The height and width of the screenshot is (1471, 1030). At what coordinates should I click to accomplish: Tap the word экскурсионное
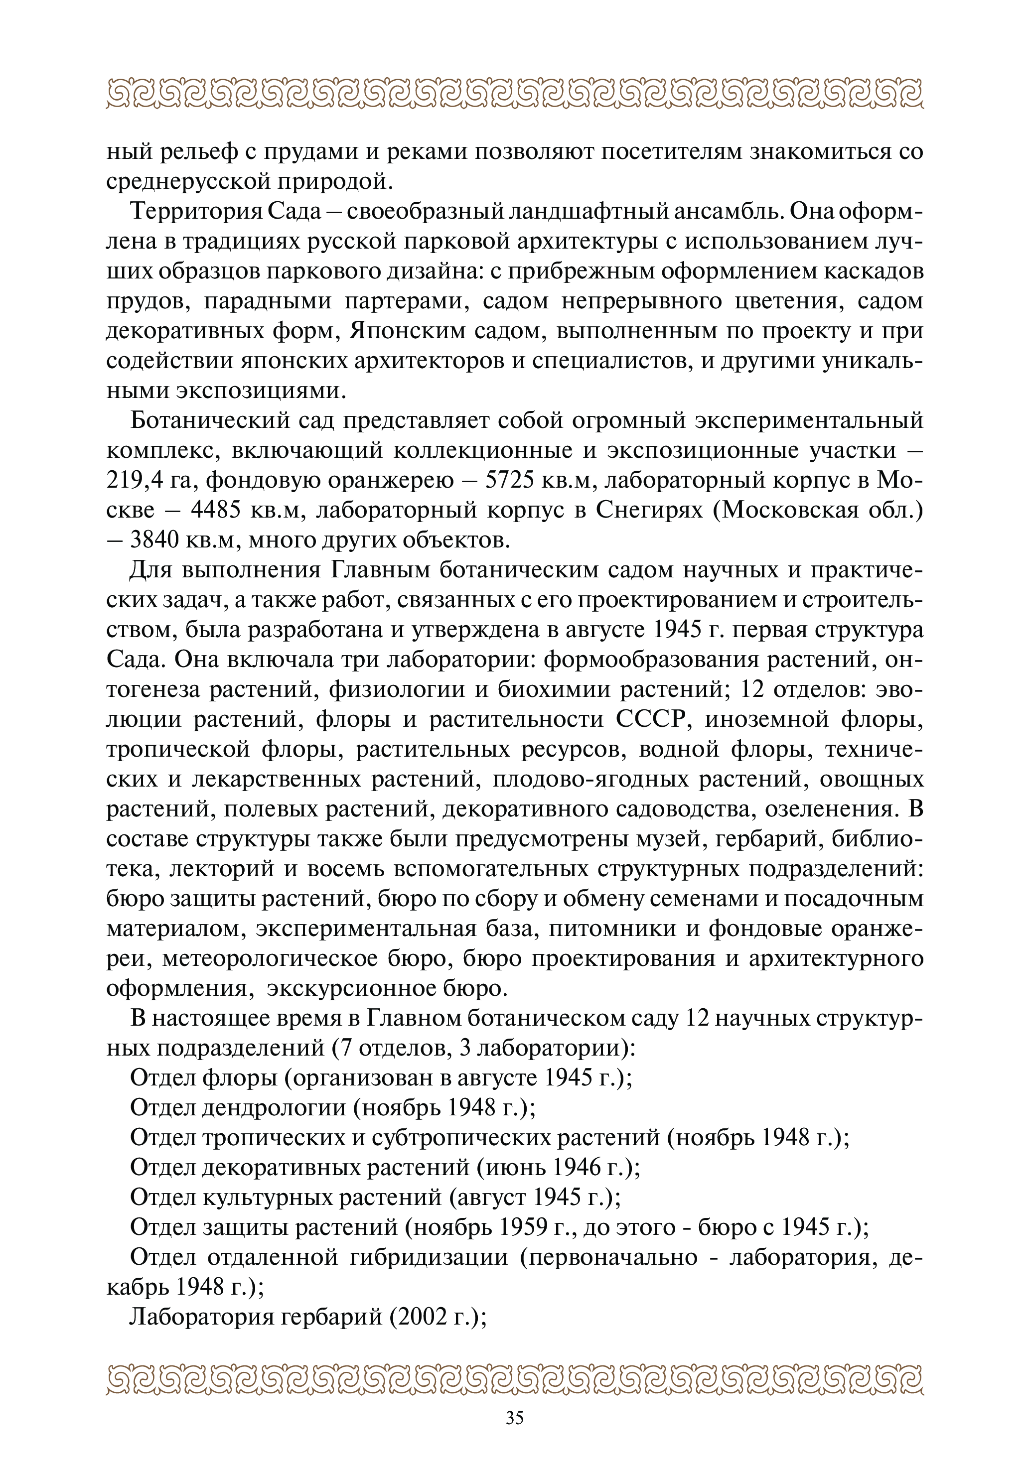340,989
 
